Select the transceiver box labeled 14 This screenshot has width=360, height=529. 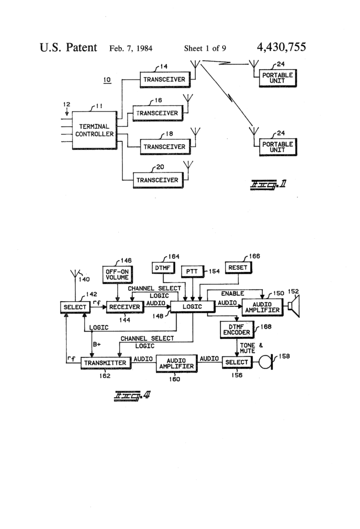(165, 80)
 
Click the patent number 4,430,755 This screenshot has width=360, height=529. (281, 48)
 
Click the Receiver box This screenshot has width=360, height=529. (124, 307)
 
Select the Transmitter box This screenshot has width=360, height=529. (105, 363)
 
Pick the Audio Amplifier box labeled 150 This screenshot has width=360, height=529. (261, 307)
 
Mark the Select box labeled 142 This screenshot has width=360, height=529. (74, 307)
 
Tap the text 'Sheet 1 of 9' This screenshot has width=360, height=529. (205, 49)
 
